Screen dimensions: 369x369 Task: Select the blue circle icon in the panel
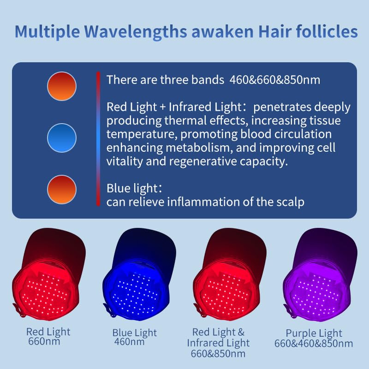[x=61, y=137]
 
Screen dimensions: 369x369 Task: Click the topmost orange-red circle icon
[x=61, y=86]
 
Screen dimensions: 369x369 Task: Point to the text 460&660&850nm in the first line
[x=274, y=80]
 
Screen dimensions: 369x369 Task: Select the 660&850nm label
[x=218, y=354]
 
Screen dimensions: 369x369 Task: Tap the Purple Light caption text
[x=314, y=333]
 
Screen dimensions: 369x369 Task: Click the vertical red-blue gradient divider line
[x=98, y=138]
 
